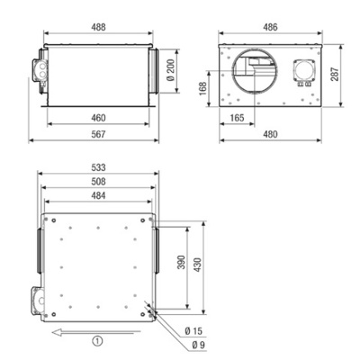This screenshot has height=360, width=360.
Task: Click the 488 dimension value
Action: tap(96, 27)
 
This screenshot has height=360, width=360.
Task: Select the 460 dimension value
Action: tap(96, 119)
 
